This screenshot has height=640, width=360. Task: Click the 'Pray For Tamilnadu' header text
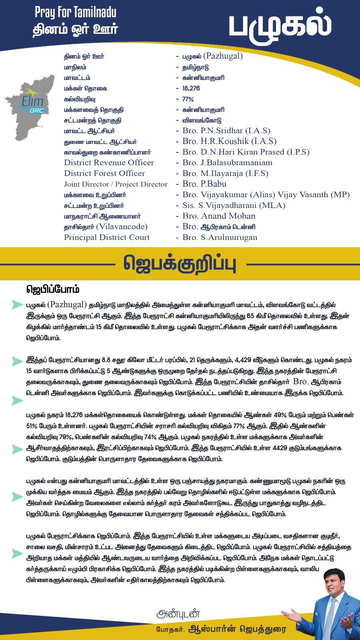coord(75,12)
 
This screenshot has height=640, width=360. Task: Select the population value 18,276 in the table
coord(191,88)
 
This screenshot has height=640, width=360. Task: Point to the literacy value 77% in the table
coord(188,99)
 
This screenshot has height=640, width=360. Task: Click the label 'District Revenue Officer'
coord(109,163)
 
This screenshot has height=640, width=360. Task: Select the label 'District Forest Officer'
coord(104,174)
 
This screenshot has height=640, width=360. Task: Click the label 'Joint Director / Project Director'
coord(116,184)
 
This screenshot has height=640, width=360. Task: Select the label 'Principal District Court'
coord(107,238)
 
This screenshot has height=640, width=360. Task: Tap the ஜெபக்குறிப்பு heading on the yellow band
coord(180,264)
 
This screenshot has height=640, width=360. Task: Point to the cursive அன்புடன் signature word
coord(178,614)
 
